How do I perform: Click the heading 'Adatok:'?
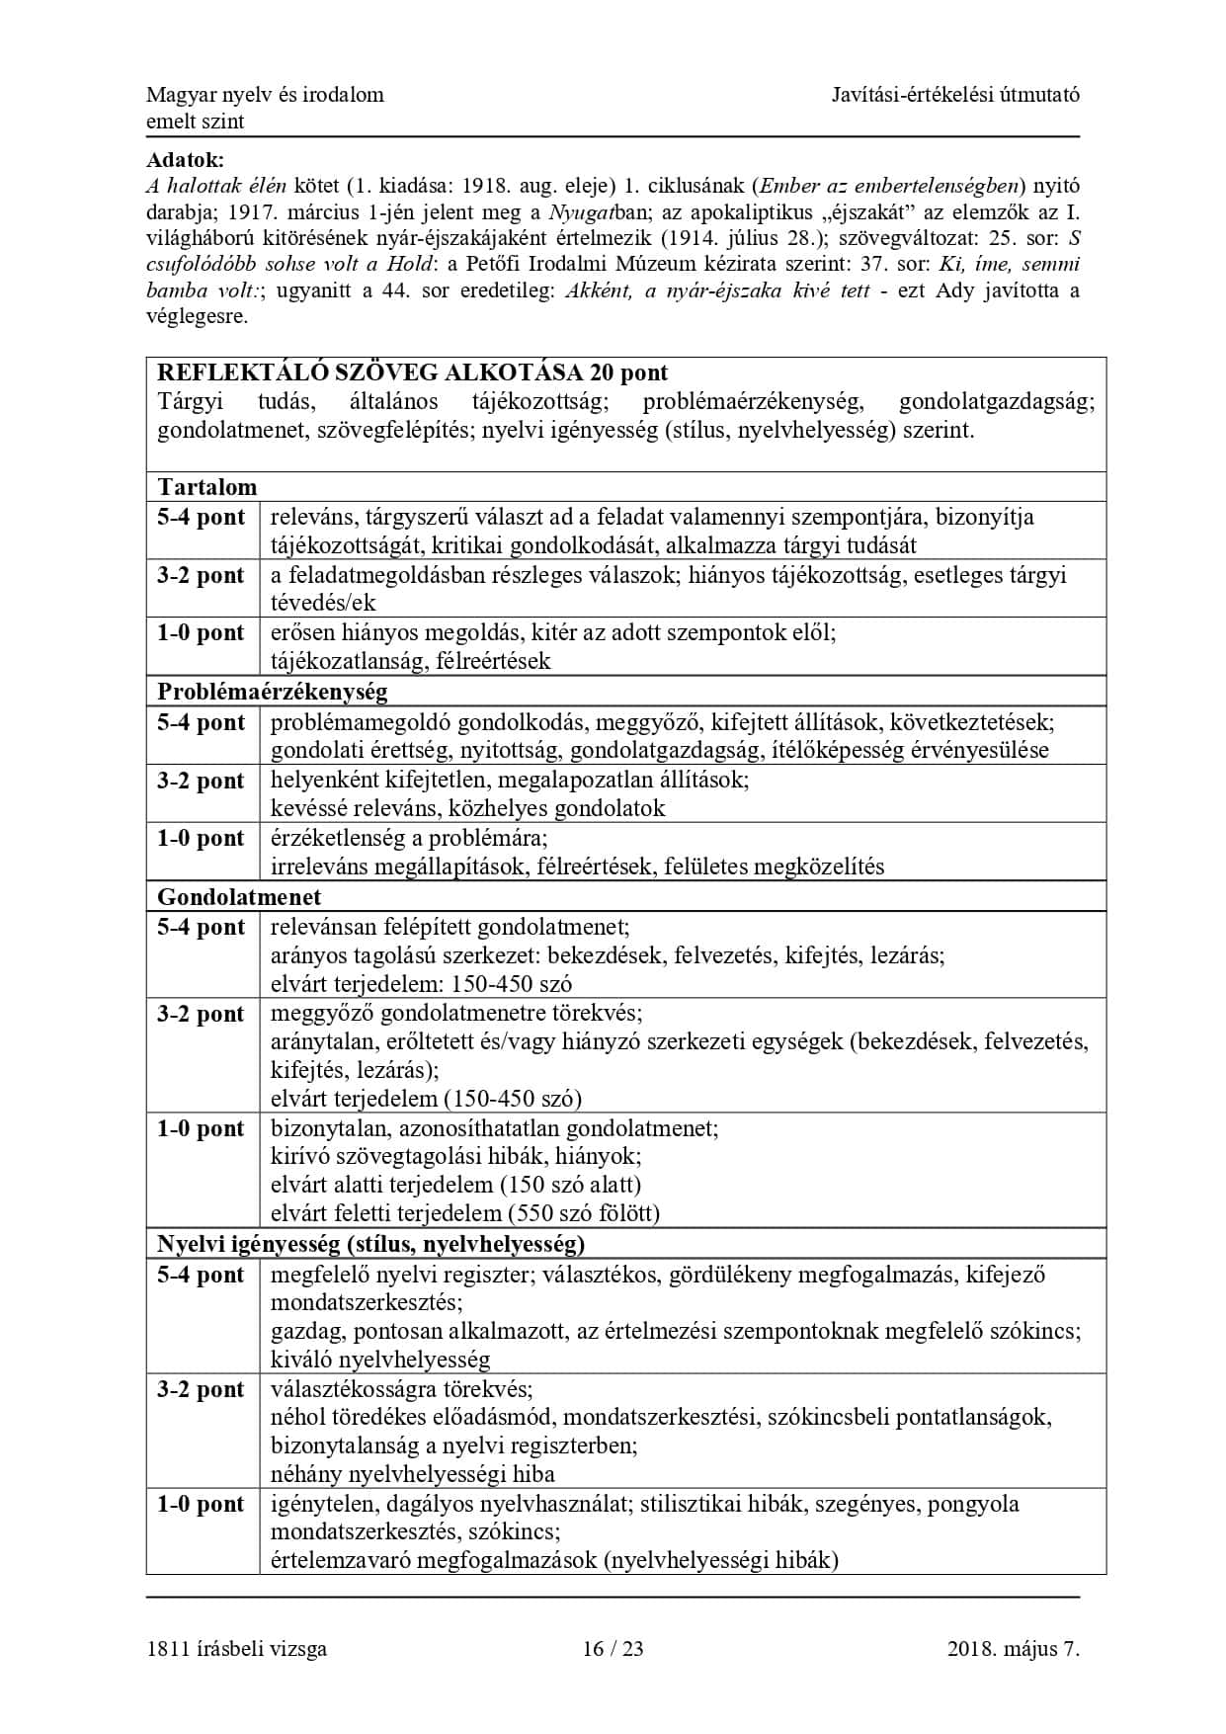click(185, 159)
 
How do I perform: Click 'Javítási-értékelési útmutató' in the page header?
click(954, 95)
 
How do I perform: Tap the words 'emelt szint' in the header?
click(195, 122)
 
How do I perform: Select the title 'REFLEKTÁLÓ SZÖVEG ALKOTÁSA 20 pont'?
click(412, 372)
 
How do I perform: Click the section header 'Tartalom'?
click(206, 487)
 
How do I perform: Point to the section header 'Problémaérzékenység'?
click(272, 692)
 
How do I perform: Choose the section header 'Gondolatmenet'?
click(239, 897)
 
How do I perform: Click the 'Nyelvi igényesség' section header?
click(370, 1243)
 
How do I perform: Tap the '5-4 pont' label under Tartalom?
click(201, 517)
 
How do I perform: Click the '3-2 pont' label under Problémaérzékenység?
click(201, 781)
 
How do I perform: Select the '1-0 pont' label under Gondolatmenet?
click(201, 1128)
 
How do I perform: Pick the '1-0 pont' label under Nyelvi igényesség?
click(201, 1504)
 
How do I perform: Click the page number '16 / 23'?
click(613, 1648)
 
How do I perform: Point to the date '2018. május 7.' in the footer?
click(1013, 1648)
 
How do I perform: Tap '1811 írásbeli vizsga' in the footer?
click(236, 1648)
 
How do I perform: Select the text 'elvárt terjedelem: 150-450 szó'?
click(421, 984)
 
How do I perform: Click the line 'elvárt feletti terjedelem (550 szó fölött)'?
click(464, 1213)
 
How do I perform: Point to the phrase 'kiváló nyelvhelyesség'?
click(380, 1360)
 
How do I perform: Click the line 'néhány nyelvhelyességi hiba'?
click(412, 1475)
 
